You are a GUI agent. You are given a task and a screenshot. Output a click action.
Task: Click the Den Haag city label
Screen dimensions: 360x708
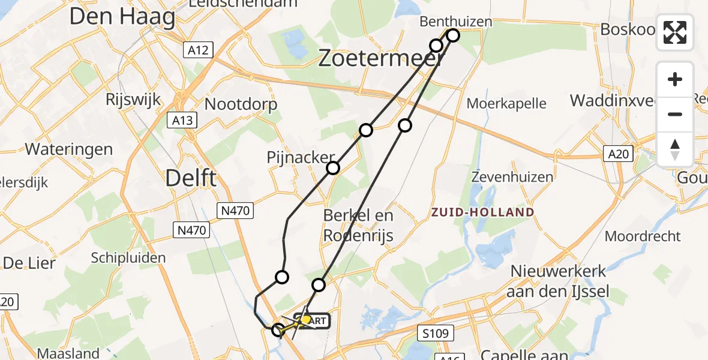pos(122,17)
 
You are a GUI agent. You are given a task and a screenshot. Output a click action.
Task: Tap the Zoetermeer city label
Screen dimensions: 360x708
pos(381,58)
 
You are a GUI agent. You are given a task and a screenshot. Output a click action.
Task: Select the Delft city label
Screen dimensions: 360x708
pos(190,178)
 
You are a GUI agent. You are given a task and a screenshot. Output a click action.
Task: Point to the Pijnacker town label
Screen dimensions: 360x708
pos(301,158)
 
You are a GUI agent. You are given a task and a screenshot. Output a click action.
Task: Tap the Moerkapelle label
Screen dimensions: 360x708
pos(506,103)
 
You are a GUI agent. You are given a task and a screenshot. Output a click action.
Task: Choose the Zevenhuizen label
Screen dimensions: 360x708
pos(512,177)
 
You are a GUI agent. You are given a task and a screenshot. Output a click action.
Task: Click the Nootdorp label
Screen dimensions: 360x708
pos(241,104)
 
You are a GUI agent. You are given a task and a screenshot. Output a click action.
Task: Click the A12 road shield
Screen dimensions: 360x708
pos(197,50)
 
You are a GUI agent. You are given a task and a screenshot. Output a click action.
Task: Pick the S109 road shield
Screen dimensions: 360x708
pos(436,332)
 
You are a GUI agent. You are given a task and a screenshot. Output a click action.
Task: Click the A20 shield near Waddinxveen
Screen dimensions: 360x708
pos(617,154)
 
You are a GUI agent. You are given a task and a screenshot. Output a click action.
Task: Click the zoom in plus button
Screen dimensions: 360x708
pos(675,79)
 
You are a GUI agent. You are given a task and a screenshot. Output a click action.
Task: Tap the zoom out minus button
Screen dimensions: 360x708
pos(675,114)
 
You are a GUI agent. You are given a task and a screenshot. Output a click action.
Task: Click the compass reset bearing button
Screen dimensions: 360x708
pos(675,149)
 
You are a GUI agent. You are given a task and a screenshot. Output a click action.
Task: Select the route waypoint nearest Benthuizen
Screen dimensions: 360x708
pos(453,35)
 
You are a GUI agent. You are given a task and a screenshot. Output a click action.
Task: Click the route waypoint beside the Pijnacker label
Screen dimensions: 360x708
pos(333,168)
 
